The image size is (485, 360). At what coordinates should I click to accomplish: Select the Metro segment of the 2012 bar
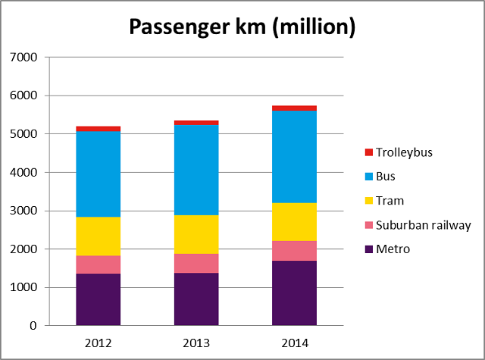(x=98, y=299)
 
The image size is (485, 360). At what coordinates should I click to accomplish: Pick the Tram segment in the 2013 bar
(x=196, y=234)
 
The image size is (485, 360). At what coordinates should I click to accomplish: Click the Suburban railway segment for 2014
(x=295, y=250)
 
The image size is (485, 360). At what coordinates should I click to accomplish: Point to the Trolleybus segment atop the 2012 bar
(x=98, y=129)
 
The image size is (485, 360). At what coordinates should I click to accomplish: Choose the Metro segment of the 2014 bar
(x=295, y=293)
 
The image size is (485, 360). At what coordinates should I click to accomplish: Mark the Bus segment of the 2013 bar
(x=196, y=170)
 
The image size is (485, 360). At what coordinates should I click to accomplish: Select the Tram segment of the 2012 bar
(x=98, y=236)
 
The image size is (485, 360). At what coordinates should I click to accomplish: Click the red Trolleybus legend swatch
(x=370, y=152)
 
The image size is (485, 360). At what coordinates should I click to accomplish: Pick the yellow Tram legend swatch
(x=370, y=201)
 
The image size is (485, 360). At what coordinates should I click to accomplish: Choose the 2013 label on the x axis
(x=196, y=343)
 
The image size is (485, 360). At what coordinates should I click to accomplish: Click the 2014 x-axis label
(x=295, y=343)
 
